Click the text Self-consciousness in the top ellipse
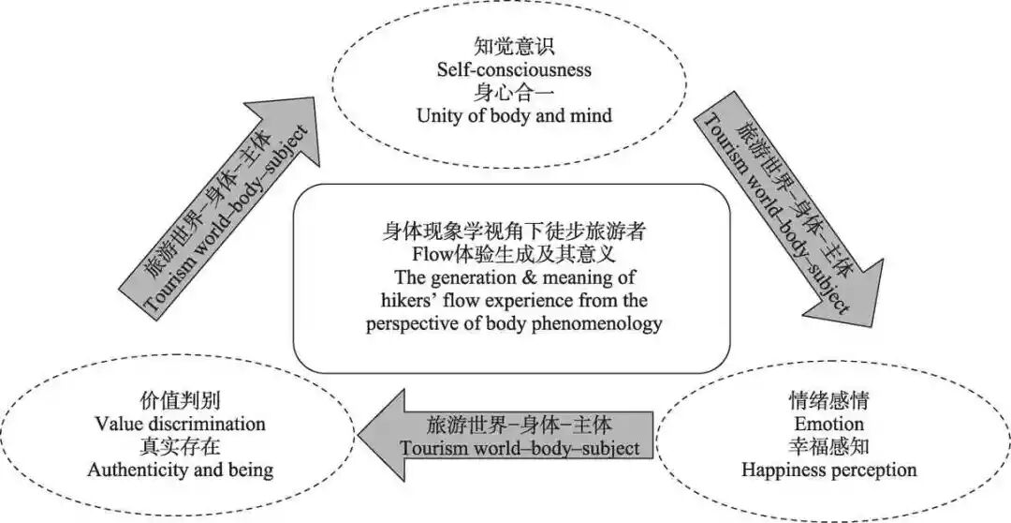point(513,69)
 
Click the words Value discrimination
point(181,424)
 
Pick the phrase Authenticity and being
point(181,470)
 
